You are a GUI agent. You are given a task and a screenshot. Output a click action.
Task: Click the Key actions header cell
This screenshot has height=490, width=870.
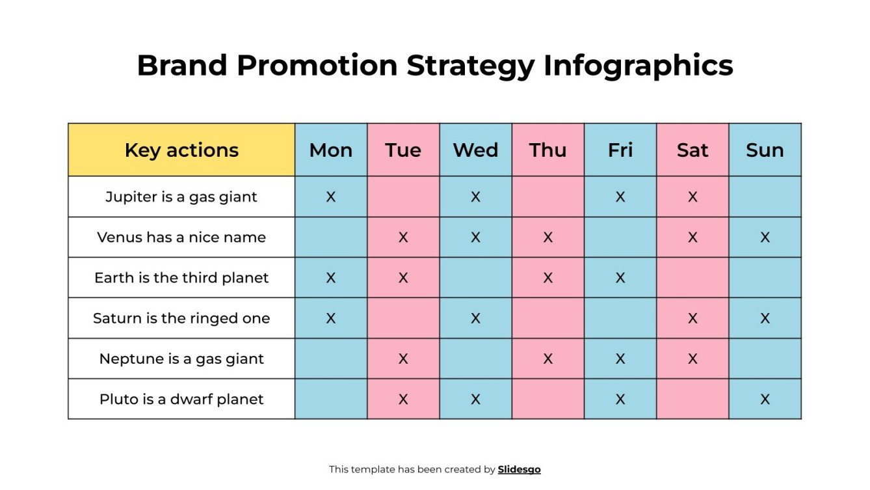pos(181,150)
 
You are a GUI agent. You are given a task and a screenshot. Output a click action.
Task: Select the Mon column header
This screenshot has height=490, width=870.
pos(331,150)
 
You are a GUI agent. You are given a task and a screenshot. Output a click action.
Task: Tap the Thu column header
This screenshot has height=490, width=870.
pos(547,150)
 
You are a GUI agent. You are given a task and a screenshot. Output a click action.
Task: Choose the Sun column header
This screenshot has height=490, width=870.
pos(765,150)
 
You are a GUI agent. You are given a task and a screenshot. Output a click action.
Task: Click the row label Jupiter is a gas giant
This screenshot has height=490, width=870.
pos(181,197)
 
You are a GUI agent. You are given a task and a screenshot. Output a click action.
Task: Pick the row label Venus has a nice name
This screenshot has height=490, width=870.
pos(181,238)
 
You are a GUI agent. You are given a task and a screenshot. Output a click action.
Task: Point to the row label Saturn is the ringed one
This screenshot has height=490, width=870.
pos(181,318)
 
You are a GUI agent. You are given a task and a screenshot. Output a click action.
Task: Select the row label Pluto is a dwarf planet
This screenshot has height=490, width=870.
pos(181,399)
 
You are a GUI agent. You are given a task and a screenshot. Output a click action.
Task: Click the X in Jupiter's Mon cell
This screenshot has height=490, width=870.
pos(331,197)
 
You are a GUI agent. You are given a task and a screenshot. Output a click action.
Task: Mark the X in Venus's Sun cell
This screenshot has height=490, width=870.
pos(765,238)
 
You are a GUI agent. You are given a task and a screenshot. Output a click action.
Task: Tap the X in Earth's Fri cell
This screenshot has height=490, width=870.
pos(620,278)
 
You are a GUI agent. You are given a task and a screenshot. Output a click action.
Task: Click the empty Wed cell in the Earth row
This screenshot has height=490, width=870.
pos(475,278)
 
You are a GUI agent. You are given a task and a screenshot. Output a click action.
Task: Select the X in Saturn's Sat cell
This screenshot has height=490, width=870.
pos(692,318)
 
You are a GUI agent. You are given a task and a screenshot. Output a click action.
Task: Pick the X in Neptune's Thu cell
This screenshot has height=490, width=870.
pos(547,359)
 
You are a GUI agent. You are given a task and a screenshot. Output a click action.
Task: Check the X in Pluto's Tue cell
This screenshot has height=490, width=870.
pos(403,399)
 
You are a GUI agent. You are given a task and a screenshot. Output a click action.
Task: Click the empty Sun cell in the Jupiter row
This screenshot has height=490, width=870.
pos(765,197)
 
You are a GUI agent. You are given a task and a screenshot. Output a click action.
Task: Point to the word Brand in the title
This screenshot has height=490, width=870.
pos(181,66)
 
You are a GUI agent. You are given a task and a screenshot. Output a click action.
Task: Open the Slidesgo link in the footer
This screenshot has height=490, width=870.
pos(519,469)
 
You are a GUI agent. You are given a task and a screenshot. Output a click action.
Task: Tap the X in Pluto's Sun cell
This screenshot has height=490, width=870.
pos(765,399)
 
